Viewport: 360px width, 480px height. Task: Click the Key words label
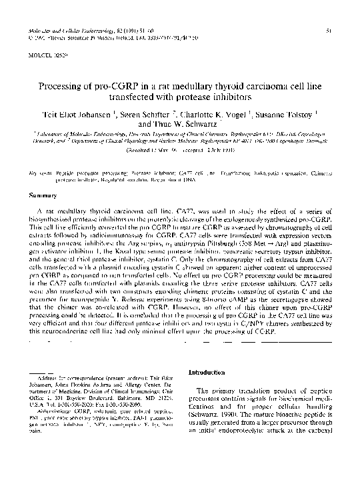pos(42,173)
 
